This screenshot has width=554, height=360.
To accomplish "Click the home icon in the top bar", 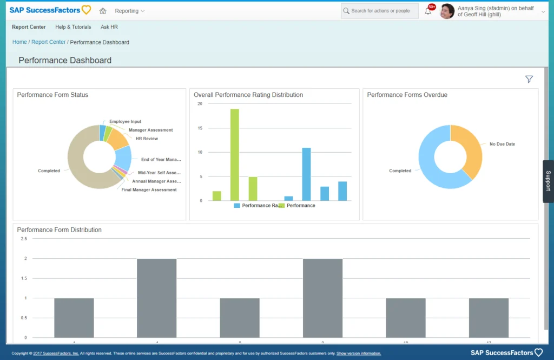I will click(103, 11).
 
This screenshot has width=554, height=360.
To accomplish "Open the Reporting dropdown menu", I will click(129, 11).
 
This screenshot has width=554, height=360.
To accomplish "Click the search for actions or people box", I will click(380, 11).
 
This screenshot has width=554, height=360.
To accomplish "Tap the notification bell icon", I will click(428, 11).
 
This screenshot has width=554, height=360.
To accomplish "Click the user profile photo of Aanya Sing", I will click(447, 11).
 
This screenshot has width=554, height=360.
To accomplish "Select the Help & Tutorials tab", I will click(73, 27).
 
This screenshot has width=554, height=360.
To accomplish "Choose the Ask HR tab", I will click(109, 27).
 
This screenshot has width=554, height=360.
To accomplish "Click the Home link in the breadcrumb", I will click(19, 42).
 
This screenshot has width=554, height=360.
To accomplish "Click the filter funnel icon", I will click(529, 80).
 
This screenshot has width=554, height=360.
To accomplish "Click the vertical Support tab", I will click(548, 181).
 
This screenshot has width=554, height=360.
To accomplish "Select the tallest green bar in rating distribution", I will click(234, 155).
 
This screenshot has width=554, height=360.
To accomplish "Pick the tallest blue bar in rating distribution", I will click(306, 174).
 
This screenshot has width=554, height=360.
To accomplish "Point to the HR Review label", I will click(147, 139).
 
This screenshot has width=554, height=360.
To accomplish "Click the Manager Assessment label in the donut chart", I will click(150, 130).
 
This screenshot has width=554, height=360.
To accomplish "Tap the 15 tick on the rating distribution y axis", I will click(200, 128).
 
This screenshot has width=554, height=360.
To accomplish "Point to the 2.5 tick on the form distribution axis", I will click(23, 238).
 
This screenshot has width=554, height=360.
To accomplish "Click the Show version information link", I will click(358, 354).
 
